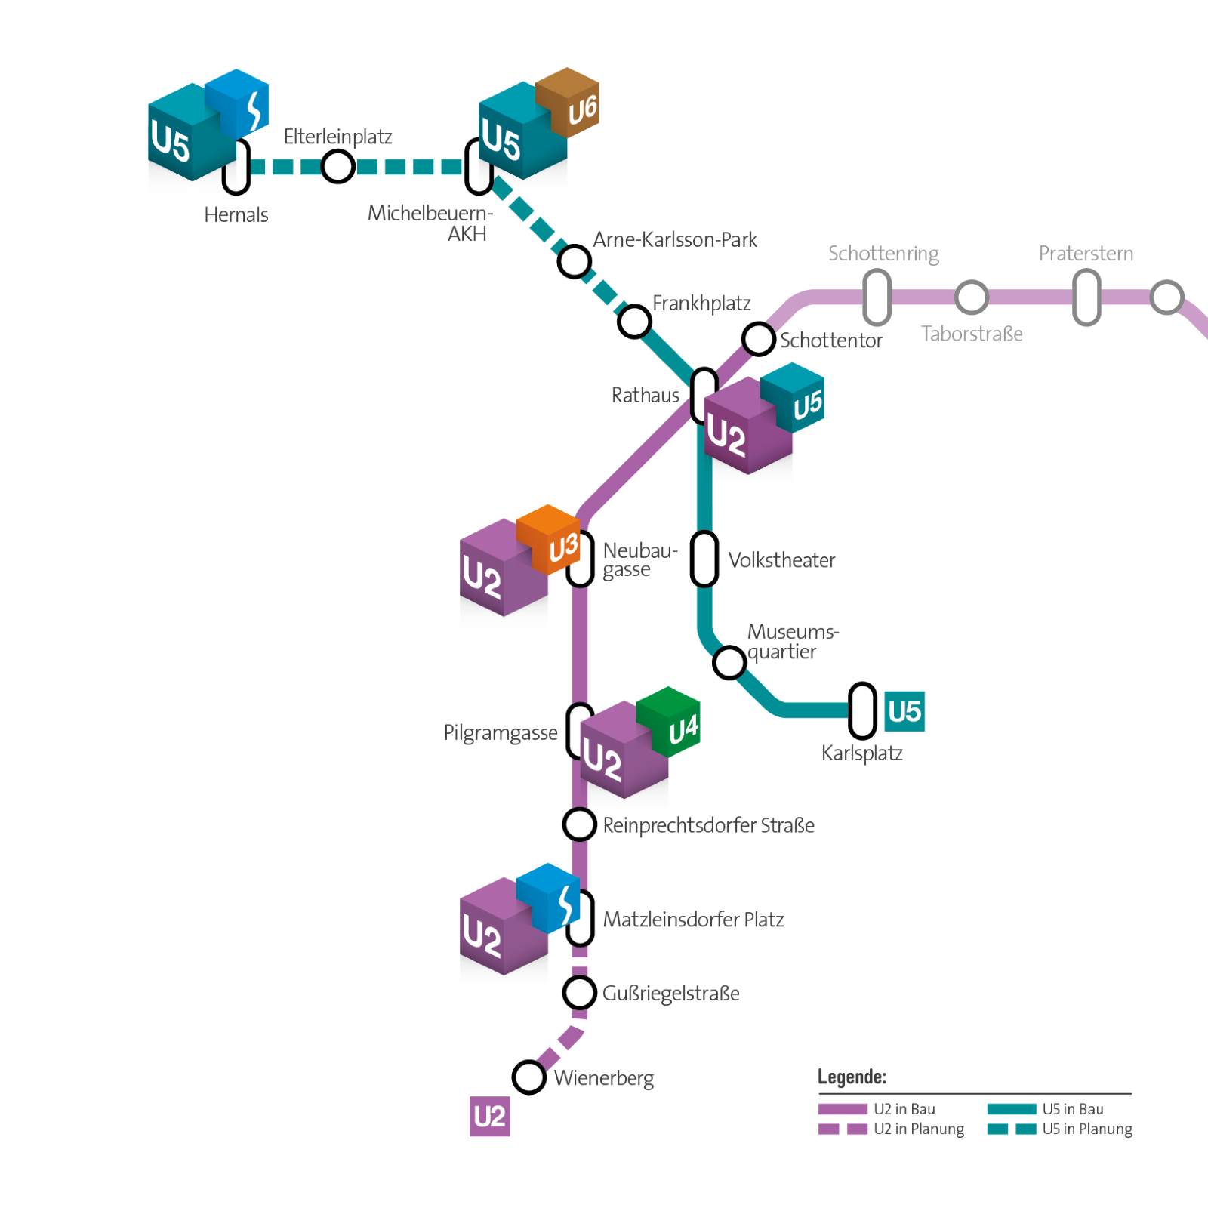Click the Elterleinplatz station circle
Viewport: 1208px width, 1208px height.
[x=337, y=166]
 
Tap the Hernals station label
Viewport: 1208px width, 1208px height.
[x=236, y=215]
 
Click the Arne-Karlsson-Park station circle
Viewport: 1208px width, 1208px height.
[x=574, y=262]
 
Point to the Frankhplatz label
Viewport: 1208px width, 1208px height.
[x=701, y=304]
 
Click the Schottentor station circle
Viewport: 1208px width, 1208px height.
[x=758, y=339]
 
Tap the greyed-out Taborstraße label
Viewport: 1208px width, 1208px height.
[x=972, y=334]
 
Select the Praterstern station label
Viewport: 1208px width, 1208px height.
[x=1086, y=254]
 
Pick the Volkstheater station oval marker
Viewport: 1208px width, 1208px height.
[x=704, y=559]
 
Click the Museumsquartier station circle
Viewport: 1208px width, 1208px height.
[x=729, y=662]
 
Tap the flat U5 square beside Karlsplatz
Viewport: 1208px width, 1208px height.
[x=904, y=711]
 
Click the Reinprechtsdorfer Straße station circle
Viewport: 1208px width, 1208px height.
[x=579, y=824]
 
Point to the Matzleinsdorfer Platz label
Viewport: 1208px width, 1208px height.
[x=692, y=920]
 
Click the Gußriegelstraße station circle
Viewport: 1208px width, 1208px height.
[x=579, y=992]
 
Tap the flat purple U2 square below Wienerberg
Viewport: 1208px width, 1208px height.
[x=489, y=1116]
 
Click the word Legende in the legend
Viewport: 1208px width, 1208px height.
[x=852, y=1077]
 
